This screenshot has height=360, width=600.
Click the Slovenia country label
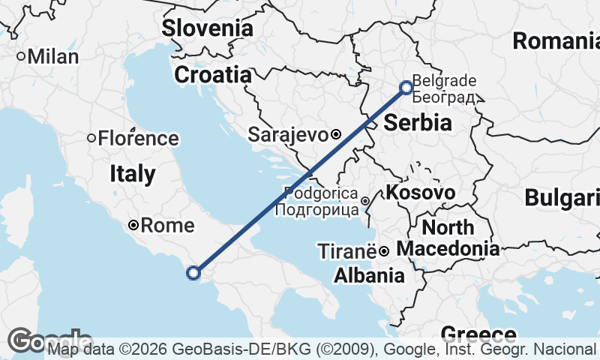(208, 28)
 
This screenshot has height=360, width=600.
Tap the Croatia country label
(212, 75)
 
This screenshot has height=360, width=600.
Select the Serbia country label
(418, 123)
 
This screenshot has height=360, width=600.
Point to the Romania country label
(556, 40)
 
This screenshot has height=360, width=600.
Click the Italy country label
(133, 174)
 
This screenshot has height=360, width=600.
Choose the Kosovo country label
(420, 193)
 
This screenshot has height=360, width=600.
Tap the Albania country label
(369, 275)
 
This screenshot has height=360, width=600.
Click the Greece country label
(478, 334)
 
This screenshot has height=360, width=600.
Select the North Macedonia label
(448, 238)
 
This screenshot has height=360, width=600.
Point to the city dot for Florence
(91, 138)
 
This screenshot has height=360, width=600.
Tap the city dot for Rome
(133, 225)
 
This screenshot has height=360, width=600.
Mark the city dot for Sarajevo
(336, 135)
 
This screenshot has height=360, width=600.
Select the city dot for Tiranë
(382, 250)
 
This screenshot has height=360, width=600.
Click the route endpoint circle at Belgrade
(406, 88)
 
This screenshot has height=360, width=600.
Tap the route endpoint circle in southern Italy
(193, 273)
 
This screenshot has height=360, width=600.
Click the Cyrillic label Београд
(444, 97)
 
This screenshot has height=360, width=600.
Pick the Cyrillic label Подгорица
(316, 210)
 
